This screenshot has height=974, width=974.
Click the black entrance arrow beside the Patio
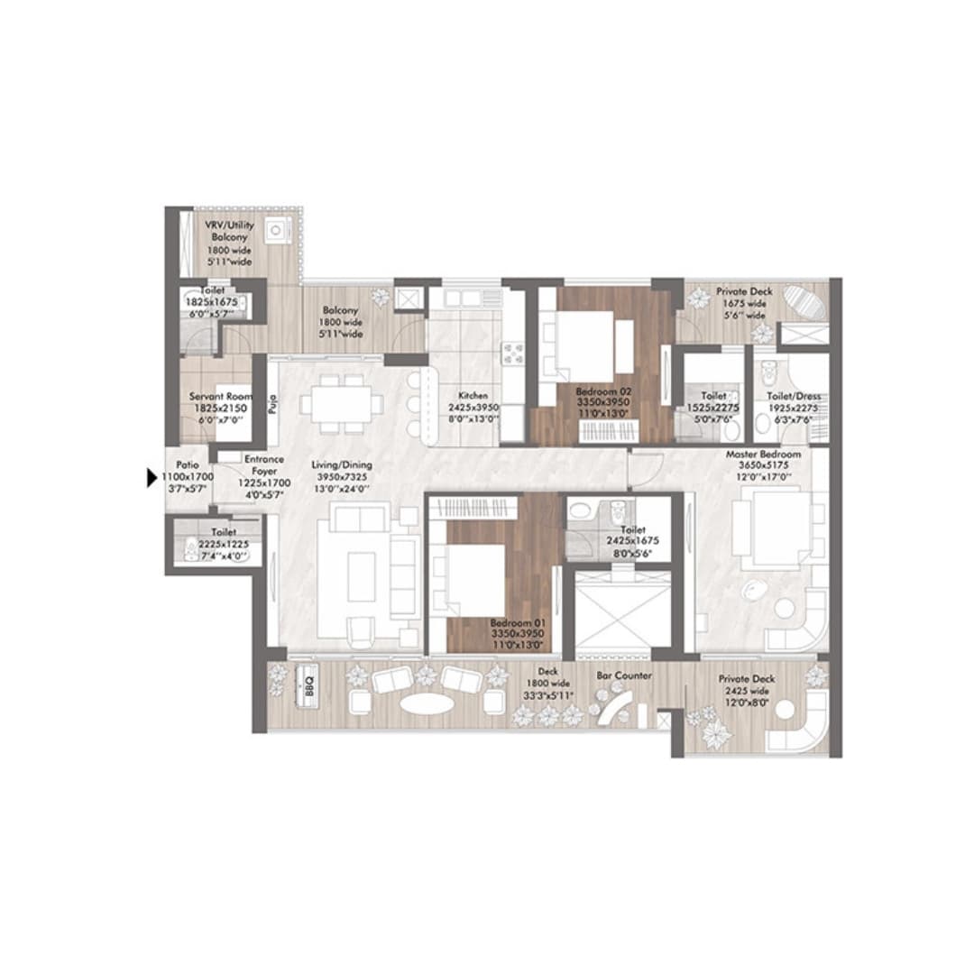152,479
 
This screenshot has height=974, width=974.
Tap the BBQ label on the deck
306,676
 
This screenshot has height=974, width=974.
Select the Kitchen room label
473,396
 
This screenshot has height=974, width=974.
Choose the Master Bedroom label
763,454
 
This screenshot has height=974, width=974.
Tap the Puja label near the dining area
271,401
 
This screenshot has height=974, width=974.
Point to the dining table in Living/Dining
342,402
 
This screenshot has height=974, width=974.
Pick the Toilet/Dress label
792,396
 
